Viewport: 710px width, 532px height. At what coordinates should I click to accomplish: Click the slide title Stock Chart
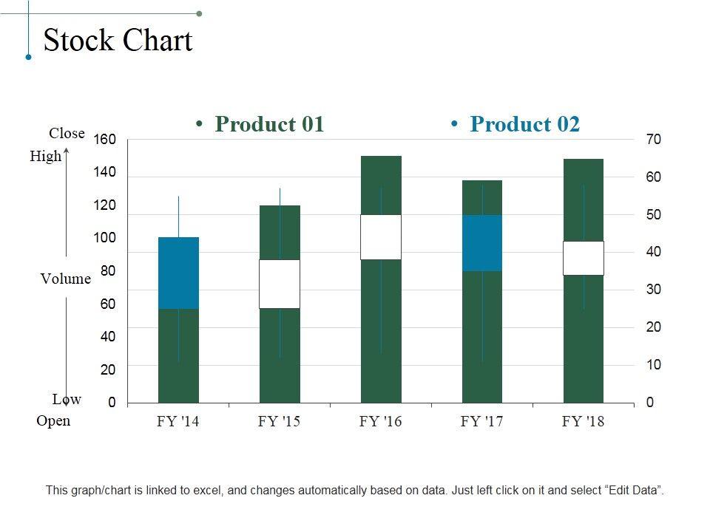[118, 41]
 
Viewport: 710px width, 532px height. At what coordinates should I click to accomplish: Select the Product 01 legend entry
[269, 124]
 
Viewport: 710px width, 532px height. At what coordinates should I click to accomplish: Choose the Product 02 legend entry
[524, 124]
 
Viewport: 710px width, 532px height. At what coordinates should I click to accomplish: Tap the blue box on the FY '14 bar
[178, 273]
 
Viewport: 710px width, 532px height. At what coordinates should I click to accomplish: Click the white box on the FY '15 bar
[280, 284]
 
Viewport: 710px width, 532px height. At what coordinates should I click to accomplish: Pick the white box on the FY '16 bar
[381, 237]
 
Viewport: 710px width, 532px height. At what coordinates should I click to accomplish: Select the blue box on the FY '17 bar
[482, 243]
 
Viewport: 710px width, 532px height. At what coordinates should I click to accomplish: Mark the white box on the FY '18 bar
[584, 258]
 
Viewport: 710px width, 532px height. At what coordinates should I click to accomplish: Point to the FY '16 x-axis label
[380, 422]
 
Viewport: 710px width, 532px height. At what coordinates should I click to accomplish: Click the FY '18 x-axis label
[583, 422]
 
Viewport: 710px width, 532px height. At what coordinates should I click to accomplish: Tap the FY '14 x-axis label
[177, 422]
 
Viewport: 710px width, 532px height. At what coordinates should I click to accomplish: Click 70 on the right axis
[653, 140]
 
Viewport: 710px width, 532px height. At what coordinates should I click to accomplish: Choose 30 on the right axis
[653, 290]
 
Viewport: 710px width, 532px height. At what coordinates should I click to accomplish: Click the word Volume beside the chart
[65, 279]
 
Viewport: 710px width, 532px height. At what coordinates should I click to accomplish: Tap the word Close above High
[67, 134]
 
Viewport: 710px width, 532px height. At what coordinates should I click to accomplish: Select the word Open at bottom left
[53, 421]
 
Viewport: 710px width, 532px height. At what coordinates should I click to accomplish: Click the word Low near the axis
[67, 400]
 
